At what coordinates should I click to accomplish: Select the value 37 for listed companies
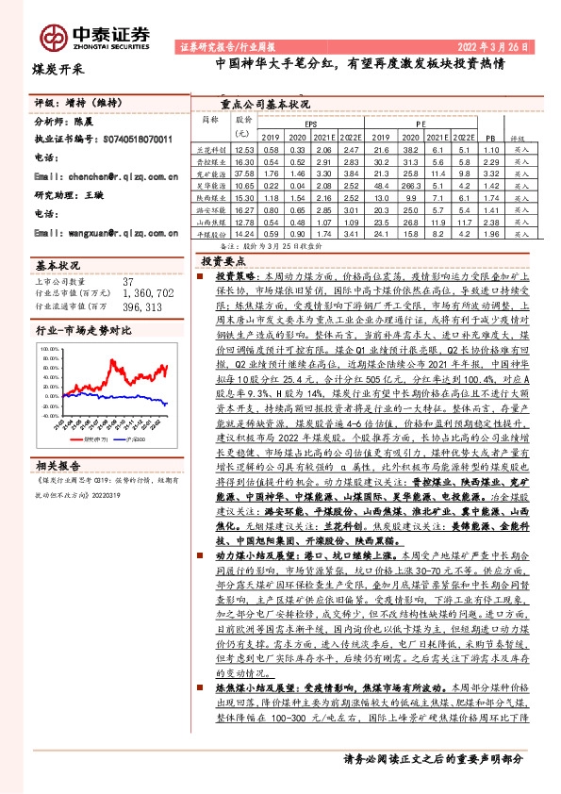(128, 282)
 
